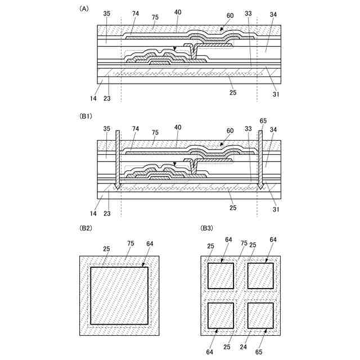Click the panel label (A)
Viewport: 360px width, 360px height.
[x=84, y=8]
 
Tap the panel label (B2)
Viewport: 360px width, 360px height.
[x=85, y=228]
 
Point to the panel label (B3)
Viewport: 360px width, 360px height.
[x=207, y=228]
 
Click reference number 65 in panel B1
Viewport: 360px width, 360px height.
[x=263, y=120]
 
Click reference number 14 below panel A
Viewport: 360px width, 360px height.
[x=93, y=98]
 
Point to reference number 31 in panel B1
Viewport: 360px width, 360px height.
[x=275, y=210]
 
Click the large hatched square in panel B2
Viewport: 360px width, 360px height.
[x=120, y=295]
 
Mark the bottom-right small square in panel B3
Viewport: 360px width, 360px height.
[x=260, y=317]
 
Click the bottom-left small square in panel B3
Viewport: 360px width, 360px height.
[x=221, y=317]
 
